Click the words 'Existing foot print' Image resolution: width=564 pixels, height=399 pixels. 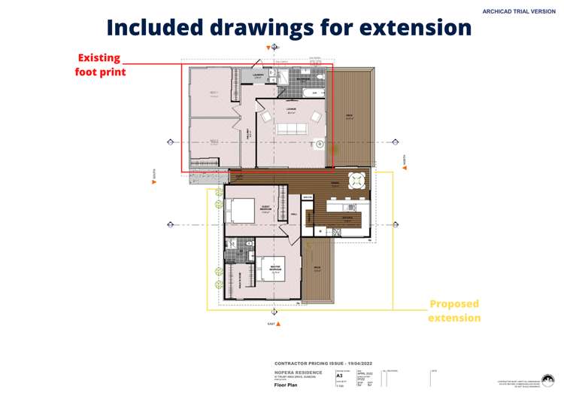coord(100,65)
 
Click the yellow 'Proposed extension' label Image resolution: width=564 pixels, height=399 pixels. coord(454,311)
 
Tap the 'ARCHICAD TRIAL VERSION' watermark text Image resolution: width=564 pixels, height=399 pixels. coord(519,11)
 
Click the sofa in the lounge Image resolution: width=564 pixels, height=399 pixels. coord(292,129)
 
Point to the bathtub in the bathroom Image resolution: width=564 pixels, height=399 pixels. coord(315,93)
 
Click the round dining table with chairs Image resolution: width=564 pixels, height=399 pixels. coord(356,180)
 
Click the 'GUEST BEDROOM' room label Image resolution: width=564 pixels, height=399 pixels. coord(265,209)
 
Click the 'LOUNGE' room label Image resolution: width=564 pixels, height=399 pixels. coord(291,109)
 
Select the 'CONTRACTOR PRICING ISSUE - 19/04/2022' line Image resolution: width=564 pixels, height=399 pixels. coord(323,362)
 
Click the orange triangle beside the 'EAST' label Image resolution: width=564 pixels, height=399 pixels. coord(278,324)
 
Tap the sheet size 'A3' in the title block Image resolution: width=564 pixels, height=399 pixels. coord(340,374)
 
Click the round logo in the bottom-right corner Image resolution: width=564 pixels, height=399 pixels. coord(547,380)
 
